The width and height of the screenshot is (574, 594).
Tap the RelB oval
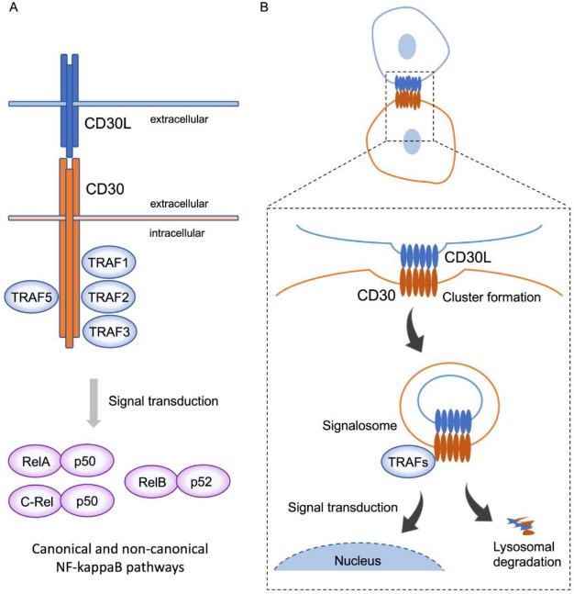[152, 478]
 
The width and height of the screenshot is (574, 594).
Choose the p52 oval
[201, 478]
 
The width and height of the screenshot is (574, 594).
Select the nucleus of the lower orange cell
[413, 140]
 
